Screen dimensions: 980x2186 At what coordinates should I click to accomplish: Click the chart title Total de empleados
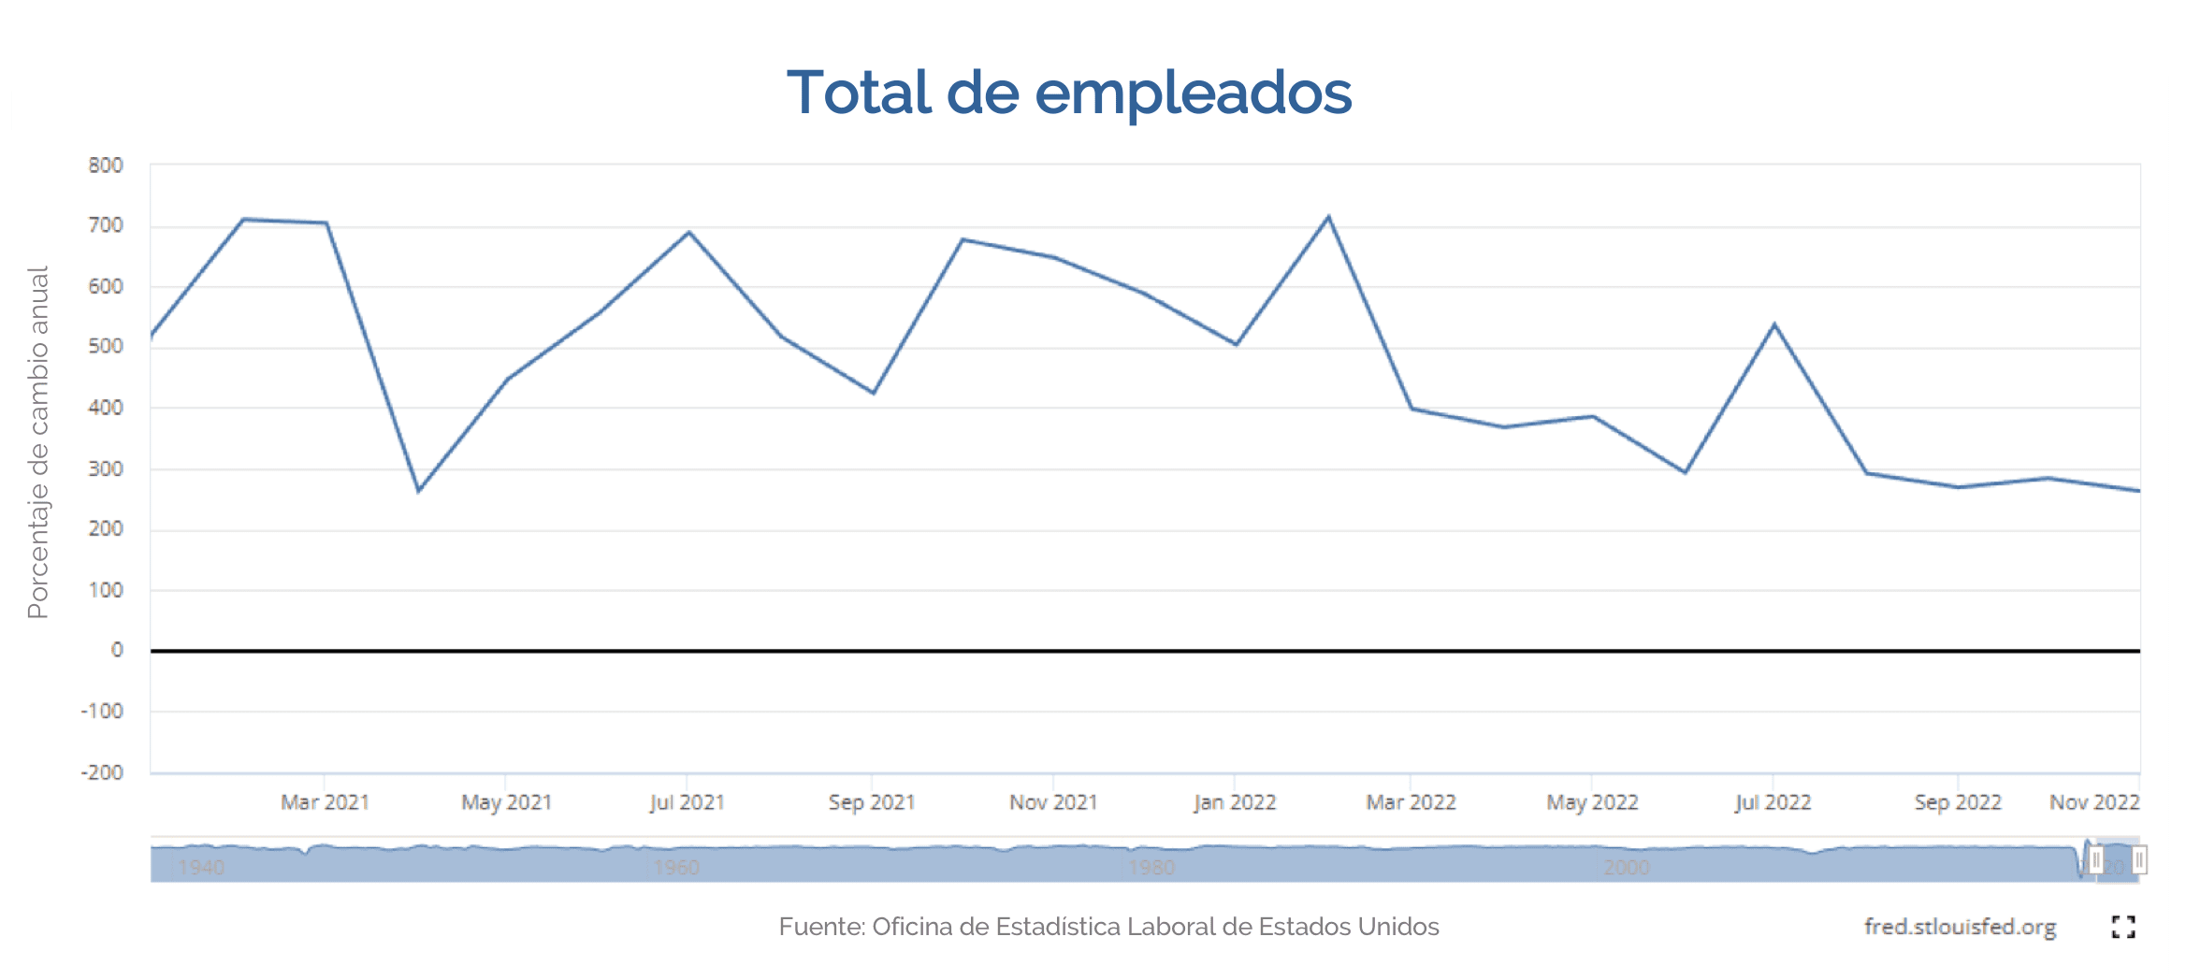(x=1069, y=93)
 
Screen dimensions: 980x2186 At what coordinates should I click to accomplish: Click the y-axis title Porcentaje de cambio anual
(x=37, y=442)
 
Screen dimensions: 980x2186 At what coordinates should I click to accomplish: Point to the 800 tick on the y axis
(x=106, y=166)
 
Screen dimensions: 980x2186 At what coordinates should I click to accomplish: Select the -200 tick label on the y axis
(x=102, y=772)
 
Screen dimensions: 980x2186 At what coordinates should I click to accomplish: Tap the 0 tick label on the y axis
(x=117, y=650)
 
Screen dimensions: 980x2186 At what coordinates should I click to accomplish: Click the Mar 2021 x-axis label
(x=325, y=802)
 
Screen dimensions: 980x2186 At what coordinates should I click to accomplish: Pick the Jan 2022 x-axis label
(x=1235, y=802)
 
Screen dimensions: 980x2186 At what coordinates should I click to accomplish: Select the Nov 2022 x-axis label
(x=2094, y=802)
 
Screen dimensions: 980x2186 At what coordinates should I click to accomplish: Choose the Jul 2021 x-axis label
(x=688, y=802)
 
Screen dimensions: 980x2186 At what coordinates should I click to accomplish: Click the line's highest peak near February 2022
(x=1328, y=217)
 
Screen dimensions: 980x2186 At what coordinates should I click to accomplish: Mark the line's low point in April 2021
(x=418, y=491)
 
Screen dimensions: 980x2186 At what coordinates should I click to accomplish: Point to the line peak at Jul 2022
(x=1773, y=324)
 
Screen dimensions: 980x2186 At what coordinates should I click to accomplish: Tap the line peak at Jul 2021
(x=688, y=232)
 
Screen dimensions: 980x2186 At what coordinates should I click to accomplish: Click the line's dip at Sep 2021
(x=873, y=393)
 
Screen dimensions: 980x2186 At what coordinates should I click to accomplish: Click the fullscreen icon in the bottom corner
(x=2123, y=927)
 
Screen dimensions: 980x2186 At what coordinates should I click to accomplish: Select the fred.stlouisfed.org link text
(x=1960, y=927)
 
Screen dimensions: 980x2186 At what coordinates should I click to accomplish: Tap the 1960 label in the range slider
(x=676, y=868)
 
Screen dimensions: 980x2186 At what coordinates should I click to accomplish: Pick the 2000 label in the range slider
(x=1627, y=868)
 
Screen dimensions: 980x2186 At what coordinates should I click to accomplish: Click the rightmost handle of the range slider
(x=2139, y=859)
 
